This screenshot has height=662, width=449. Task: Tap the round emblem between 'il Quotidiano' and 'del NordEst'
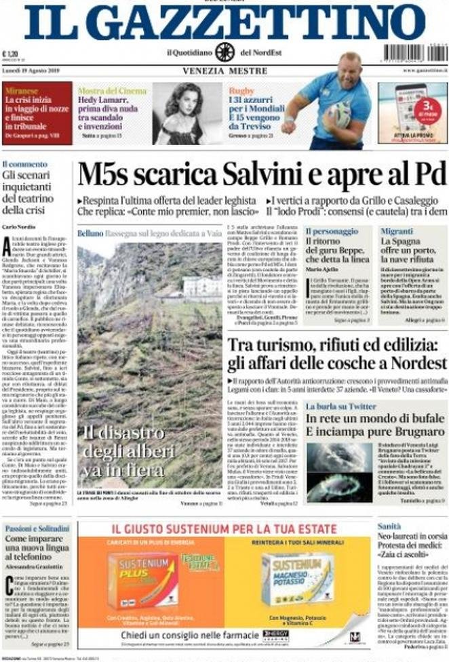224,52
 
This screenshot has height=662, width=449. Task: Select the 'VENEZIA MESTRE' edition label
224,70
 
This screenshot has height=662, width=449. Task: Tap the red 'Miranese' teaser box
37,113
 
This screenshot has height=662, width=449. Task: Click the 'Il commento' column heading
24,164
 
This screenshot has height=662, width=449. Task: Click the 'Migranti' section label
396,231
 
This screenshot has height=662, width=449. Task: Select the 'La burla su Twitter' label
340,407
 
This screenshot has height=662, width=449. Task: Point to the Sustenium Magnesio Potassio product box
298,580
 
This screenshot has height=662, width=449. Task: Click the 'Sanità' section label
390,526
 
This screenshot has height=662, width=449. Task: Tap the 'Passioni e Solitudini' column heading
36,527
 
